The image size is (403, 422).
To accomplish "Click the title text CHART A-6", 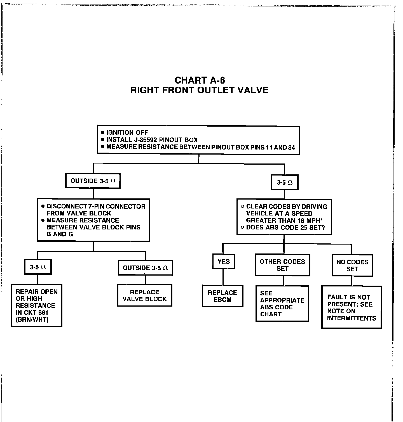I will (200, 80).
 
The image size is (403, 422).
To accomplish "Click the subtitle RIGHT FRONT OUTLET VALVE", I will (199, 90).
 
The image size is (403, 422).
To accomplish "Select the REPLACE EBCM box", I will (222, 296).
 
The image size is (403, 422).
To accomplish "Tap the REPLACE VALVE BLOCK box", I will (144, 295).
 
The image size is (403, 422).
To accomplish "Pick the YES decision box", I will (224, 261).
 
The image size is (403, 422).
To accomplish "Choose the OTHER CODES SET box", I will (282, 265).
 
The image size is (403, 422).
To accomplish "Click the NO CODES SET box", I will (352, 265).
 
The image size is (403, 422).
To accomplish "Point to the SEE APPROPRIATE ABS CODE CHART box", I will (282, 304).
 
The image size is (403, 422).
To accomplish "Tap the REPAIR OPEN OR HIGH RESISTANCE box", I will (37, 305).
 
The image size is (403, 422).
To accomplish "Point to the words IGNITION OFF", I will (127, 133).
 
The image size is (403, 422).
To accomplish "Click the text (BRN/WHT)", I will (32, 319).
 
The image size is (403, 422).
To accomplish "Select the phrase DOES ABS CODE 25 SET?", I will (285, 227).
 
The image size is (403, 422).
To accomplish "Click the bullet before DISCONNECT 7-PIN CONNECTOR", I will (43, 207).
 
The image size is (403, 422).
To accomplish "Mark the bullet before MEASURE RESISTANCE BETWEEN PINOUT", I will (103, 147).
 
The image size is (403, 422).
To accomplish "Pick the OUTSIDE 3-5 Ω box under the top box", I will (93, 181).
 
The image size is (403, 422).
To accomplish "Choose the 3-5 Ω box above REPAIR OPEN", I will (38, 267).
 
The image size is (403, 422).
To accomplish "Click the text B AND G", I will (60, 234).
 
